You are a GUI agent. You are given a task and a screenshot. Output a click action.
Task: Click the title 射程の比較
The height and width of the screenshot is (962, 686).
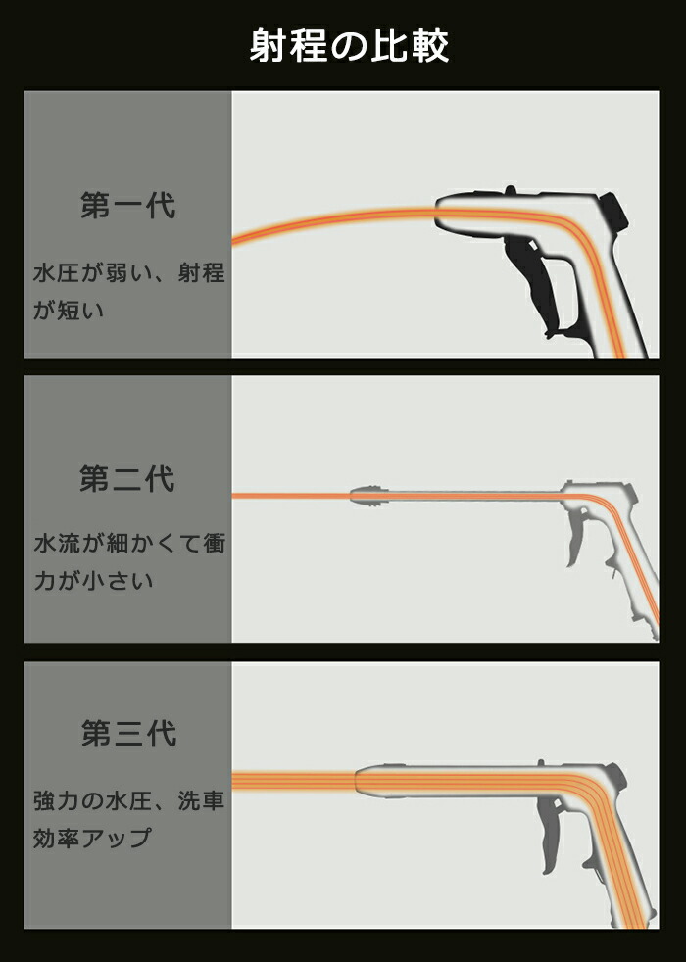349,45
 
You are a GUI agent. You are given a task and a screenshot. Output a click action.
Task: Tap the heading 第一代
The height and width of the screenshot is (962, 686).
128,205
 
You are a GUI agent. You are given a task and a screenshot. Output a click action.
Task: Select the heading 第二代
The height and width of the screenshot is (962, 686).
127,478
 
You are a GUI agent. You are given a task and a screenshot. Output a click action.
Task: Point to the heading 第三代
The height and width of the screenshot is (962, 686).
128,733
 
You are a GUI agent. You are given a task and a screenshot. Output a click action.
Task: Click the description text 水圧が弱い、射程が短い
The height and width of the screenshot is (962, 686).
128,291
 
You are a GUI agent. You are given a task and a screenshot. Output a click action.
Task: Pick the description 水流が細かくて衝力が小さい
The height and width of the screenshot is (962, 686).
129,562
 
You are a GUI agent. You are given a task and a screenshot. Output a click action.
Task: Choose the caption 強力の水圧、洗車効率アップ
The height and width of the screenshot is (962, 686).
128,819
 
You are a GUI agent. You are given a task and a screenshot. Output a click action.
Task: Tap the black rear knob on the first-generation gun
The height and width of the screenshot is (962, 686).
612,212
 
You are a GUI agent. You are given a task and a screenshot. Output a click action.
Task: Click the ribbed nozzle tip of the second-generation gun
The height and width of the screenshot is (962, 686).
369,495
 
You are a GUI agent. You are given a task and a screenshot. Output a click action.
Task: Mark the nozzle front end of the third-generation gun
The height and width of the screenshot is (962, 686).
357,782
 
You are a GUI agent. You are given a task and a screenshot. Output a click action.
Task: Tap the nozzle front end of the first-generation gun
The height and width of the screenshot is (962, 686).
436,213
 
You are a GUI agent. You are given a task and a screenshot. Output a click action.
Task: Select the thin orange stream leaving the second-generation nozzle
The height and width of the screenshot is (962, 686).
291,495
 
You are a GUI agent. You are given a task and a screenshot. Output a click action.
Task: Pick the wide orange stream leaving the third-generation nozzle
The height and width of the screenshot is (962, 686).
294,781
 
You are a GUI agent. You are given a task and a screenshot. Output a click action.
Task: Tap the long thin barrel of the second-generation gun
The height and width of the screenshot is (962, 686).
474,495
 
